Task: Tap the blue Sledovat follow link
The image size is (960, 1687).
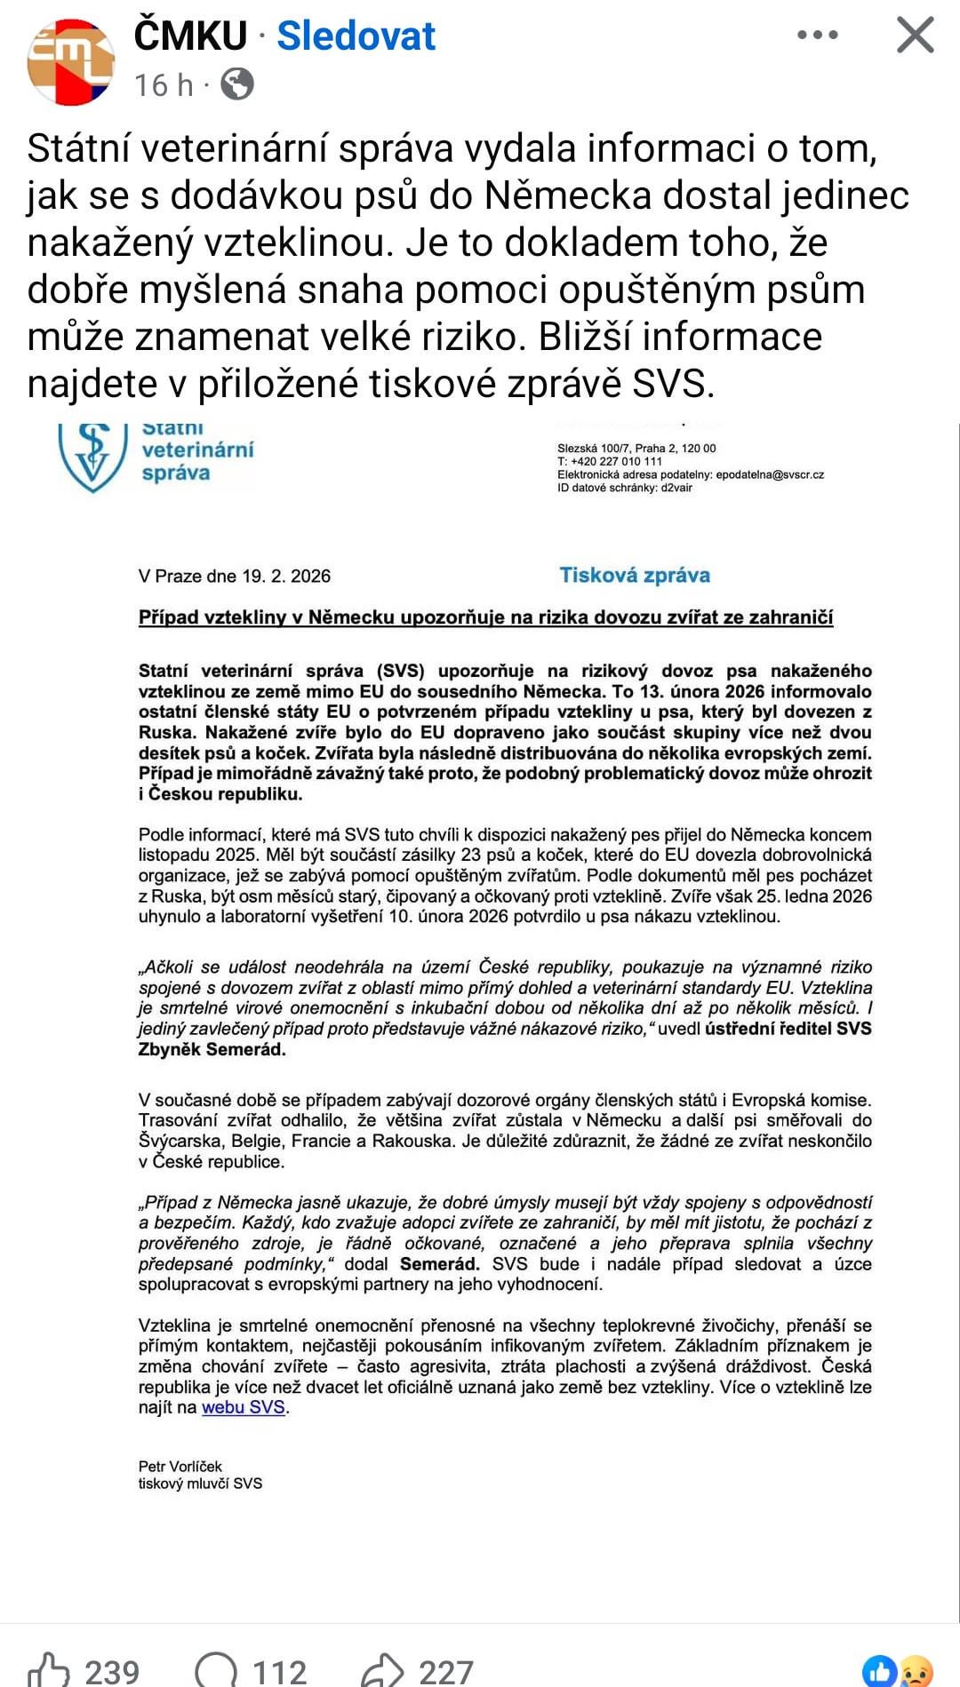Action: (x=356, y=36)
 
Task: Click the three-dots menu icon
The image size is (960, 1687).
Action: (x=817, y=36)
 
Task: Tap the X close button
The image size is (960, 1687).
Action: (x=915, y=36)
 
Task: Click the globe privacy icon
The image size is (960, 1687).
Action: (x=237, y=84)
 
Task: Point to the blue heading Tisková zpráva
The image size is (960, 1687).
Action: (x=634, y=576)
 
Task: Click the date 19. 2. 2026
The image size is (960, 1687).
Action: (x=286, y=577)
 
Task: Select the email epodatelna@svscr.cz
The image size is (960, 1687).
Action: (x=770, y=474)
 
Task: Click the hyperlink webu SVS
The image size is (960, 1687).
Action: (x=243, y=1407)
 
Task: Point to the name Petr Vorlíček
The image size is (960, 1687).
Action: (x=180, y=1466)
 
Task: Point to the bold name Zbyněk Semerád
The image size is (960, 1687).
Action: (x=212, y=1049)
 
